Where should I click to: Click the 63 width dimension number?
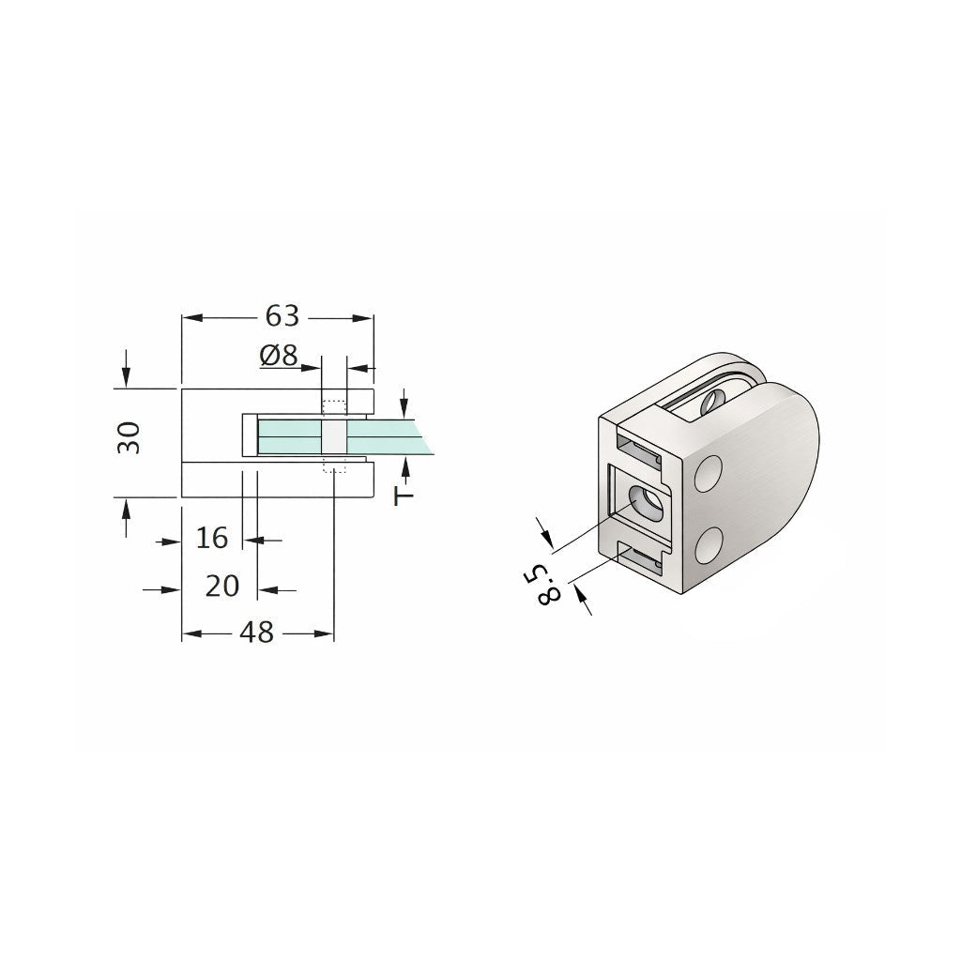pos(282,316)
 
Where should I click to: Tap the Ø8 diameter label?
pos(279,355)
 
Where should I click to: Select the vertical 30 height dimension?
pos(130,437)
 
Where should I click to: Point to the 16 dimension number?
pos(211,538)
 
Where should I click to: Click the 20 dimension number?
pos(221,586)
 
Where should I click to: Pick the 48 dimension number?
pos(257,633)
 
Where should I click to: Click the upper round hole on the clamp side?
pos(709,473)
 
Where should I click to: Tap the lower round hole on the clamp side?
pos(709,544)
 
